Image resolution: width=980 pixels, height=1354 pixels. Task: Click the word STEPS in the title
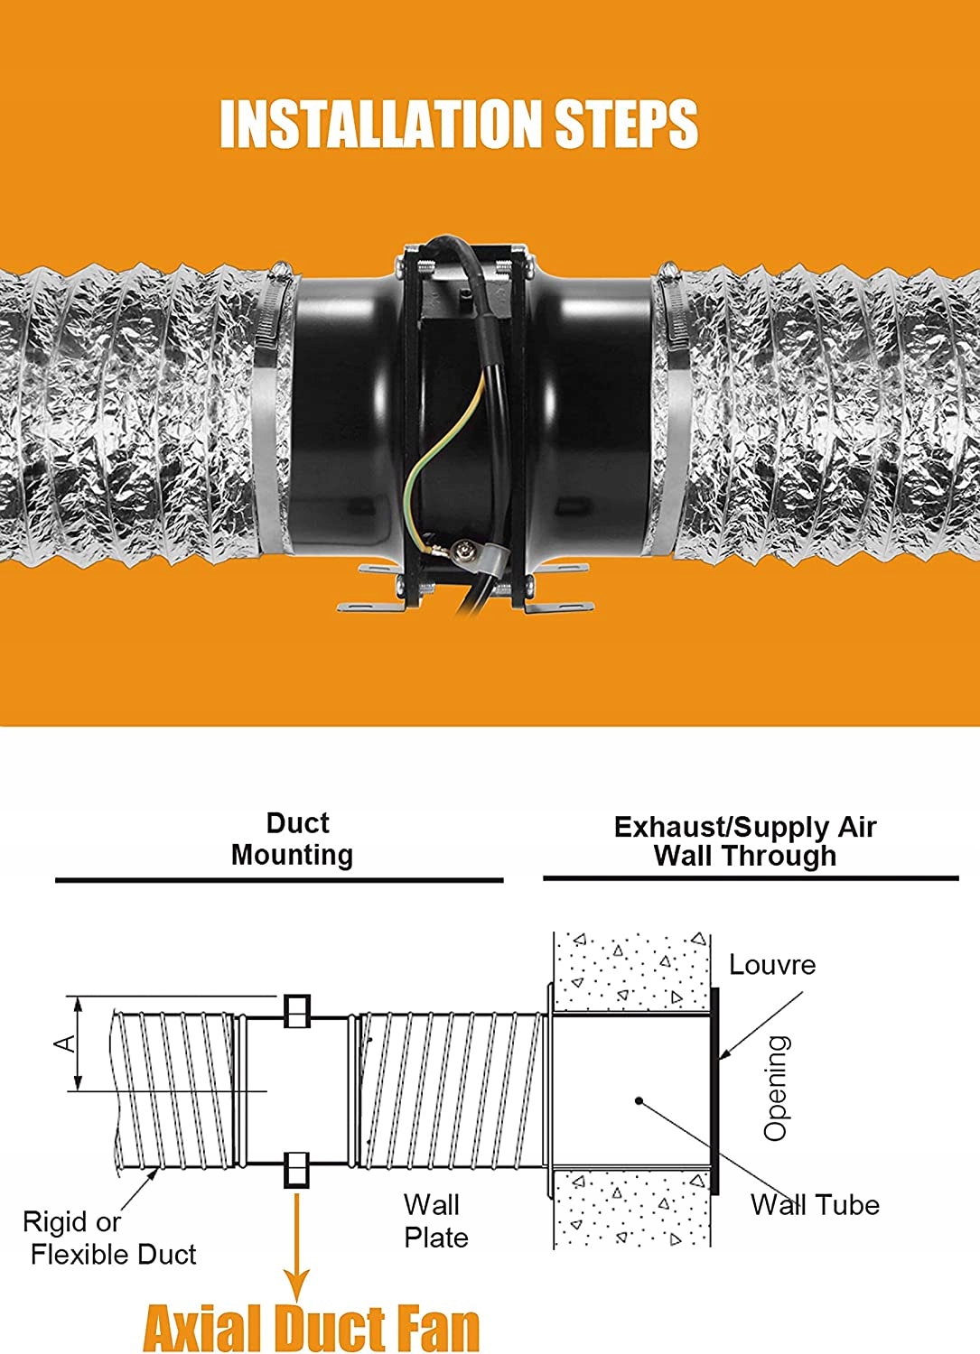point(626,124)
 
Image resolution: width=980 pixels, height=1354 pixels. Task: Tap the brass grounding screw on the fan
point(463,548)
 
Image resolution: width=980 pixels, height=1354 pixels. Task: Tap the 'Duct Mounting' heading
point(293,839)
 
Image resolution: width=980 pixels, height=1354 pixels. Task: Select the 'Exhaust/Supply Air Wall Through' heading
point(745,841)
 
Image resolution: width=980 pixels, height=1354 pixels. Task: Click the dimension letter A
point(64,1043)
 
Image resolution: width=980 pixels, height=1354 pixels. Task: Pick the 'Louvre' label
point(771,965)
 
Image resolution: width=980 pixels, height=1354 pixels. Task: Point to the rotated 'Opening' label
point(776,1088)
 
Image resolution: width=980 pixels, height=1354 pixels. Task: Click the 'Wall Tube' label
point(815,1204)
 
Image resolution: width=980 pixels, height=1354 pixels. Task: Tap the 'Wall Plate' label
point(435,1220)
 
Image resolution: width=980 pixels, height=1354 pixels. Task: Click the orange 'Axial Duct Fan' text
point(312,1327)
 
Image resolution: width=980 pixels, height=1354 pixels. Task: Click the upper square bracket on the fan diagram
point(297,1011)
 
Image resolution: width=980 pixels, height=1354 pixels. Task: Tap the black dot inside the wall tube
point(639,1100)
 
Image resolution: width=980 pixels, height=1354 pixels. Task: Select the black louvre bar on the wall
point(715,1091)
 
